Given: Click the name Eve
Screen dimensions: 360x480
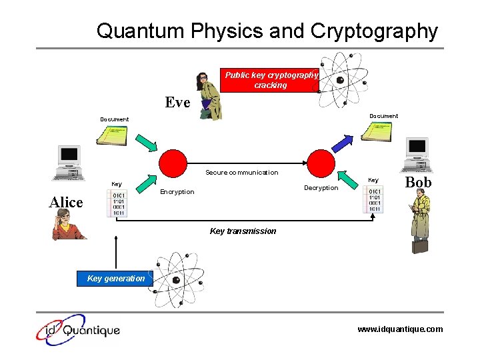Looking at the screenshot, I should [177, 102].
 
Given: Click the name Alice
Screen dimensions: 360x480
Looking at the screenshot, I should [66, 203].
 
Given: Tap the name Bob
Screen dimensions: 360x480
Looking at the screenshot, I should [418, 182].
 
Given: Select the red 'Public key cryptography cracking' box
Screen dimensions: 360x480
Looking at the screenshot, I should [270, 80].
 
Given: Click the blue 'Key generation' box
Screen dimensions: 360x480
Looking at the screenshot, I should [115, 279].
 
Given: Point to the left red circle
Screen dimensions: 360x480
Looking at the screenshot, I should [173, 163].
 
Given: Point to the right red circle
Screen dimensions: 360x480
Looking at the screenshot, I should [320, 163].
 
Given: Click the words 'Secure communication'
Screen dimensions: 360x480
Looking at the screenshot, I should [241, 173].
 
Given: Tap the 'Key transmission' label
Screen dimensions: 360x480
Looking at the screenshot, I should [243, 231].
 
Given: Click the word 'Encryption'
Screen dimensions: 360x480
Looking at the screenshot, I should [177, 192].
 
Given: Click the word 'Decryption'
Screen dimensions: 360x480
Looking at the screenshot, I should [321, 188].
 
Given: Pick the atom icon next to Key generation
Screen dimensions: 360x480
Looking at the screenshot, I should [177, 280].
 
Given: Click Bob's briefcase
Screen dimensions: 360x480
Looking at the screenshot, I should [420, 246].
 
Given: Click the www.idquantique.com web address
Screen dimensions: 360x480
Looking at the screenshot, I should [399, 329].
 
